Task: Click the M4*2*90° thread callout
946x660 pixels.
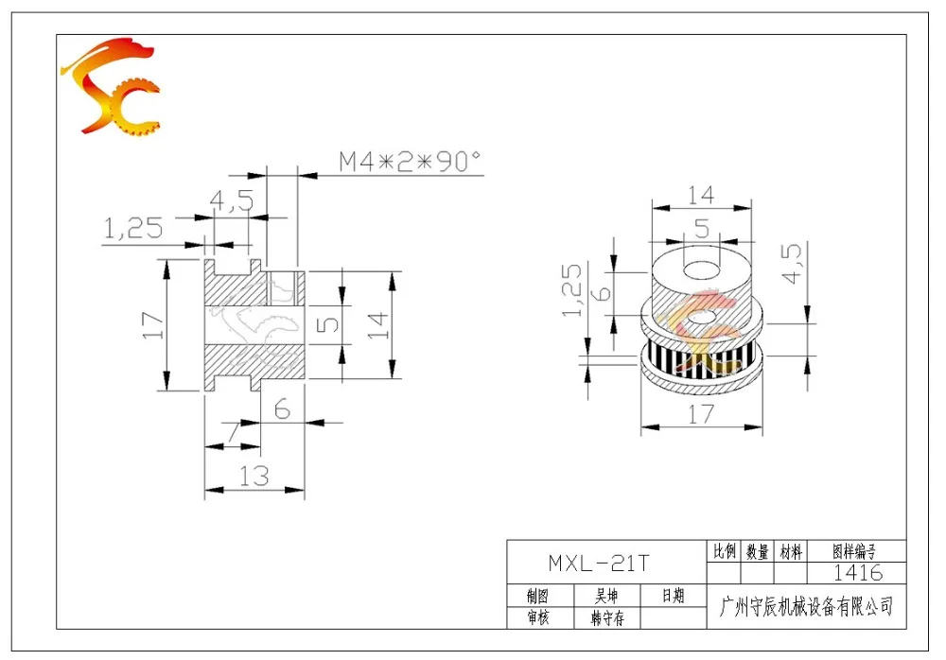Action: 410,161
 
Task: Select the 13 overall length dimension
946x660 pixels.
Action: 254,476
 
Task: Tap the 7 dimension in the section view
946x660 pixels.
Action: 234,431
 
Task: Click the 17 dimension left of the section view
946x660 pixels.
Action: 152,324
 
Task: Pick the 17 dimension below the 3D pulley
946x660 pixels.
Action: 701,414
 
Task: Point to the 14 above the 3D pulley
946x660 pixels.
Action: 701,195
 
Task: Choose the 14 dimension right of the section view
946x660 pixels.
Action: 377,325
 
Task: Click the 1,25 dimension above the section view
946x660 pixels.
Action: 133,228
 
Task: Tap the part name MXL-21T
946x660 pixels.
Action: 598,563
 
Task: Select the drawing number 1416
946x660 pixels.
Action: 857,572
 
